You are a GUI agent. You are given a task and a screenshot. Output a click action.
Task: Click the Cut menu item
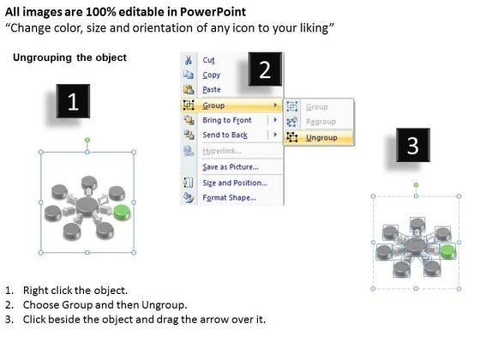[208, 60]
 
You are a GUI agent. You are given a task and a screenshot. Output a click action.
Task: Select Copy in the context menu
[211, 75]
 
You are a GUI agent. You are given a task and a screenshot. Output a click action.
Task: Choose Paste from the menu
[212, 90]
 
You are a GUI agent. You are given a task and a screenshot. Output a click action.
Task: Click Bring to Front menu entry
[227, 120]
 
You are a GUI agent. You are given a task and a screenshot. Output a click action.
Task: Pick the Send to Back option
[225, 135]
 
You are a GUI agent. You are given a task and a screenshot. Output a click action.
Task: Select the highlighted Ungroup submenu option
[321, 138]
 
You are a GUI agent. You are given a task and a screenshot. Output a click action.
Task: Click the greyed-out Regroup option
[321, 122]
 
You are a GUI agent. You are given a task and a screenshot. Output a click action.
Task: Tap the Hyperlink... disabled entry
[222, 151]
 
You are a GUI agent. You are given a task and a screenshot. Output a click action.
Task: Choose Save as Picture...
[231, 167]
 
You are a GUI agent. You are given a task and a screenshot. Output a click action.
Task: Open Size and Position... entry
[235, 183]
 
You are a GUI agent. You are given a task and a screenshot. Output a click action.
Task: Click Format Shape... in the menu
[230, 198]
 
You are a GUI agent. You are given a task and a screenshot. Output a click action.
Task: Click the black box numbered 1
[73, 101]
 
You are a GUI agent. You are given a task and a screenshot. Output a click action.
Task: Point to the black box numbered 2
[265, 69]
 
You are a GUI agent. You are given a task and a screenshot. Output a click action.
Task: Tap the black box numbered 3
[413, 145]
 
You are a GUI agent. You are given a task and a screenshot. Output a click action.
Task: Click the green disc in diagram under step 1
[122, 213]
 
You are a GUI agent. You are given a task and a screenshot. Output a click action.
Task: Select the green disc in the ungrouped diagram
[448, 252]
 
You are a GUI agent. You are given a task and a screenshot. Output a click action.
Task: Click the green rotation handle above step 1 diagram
[87, 141]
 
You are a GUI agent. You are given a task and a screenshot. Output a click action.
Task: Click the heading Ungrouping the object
[69, 57]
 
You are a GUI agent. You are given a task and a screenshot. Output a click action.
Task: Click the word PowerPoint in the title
[213, 12]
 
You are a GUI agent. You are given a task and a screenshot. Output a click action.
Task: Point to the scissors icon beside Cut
[189, 60]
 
